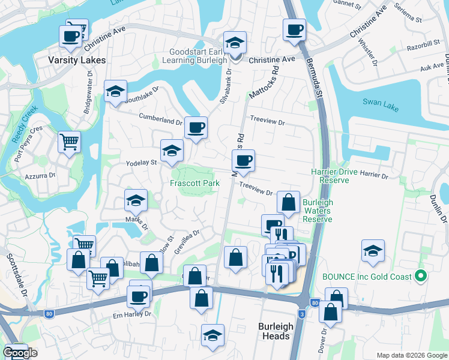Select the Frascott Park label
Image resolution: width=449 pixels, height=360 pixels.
194,182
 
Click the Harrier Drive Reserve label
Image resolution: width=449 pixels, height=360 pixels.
334,176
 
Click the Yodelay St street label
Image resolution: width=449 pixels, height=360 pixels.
141,162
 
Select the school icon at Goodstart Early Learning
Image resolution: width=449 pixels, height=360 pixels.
234,43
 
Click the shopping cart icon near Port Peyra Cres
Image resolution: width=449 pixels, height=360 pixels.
69,143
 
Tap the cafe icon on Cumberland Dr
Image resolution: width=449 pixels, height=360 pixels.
196,128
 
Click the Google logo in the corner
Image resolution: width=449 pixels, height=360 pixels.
20,353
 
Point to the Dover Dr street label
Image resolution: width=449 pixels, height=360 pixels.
325,339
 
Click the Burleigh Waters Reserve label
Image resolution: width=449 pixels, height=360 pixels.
318,211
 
